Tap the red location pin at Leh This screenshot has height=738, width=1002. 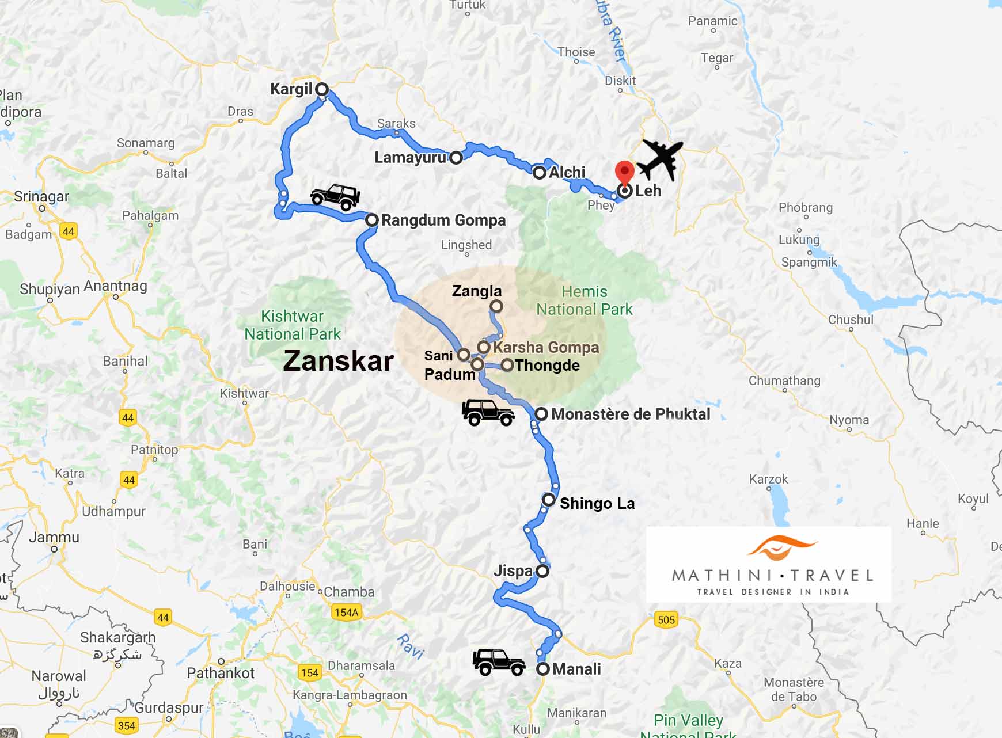[x=625, y=172]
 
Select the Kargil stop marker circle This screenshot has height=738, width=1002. [x=322, y=89]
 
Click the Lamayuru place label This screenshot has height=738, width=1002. [x=410, y=157]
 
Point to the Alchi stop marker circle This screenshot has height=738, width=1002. [x=539, y=173]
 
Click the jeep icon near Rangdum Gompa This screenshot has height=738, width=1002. [x=335, y=197]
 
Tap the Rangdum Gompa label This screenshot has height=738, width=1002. [x=443, y=220]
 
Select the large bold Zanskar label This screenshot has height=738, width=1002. [x=339, y=361]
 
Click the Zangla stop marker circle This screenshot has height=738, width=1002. [x=496, y=306]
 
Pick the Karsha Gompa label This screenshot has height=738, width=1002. [x=546, y=347]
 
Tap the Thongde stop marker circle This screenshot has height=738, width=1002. [x=507, y=365]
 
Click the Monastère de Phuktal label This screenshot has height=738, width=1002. [x=631, y=414]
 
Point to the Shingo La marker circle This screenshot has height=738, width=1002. [x=549, y=500]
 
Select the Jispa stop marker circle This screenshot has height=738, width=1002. [x=542, y=571]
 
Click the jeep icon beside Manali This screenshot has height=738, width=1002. [x=499, y=662]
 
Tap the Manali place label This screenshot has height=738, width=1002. [x=576, y=669]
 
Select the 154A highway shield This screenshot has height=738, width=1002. [x=346, y=612]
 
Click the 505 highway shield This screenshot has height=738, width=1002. [x=666, y=619]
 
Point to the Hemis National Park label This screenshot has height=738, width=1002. [x=584, y=300]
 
